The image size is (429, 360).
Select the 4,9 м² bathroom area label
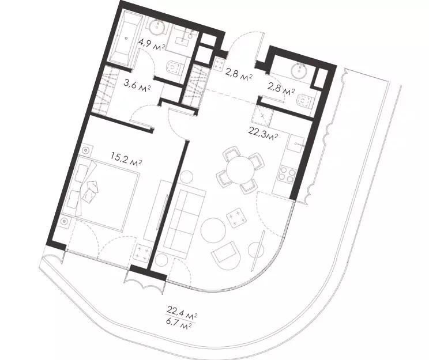pos(152,44)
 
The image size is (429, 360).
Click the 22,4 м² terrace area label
pos(182,312)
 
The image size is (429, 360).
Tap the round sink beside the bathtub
pos(157,27)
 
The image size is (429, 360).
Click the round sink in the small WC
pos(299,70)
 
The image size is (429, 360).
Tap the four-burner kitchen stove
pos(287,174)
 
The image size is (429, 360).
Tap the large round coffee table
pos(213,230)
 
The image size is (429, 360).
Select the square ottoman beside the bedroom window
pos(142,252)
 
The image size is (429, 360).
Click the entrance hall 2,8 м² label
pos(238,74)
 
